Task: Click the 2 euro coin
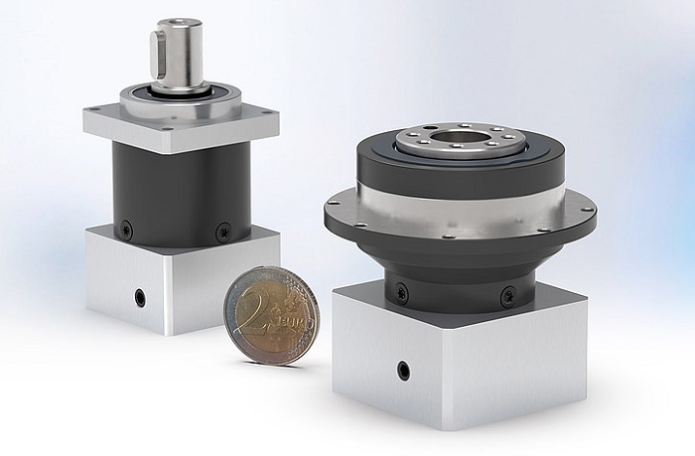tap(269, 315)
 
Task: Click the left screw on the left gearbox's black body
tap(126, 229)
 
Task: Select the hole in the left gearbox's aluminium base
tap(140, 296)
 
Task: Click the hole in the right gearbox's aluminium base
tap(403, 371)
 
